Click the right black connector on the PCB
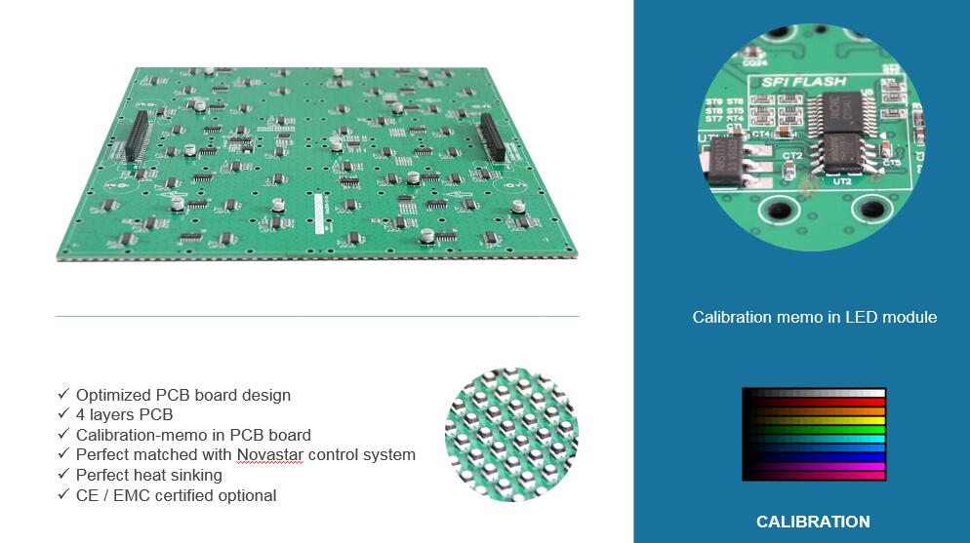pyautogui.click(x=490, y=137)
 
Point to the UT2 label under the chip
pyautogui.click(x=843, y=181)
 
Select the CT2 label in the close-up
pyautogui.click(x=792, y=156)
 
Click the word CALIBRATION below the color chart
pyautogui.click(x=813, y=522)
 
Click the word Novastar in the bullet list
pyautogui.click(x=269, y=455)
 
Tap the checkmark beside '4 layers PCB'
pyautogui.click(x=63, y=414)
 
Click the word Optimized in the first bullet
pyautogui.click(x=113, y=395)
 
